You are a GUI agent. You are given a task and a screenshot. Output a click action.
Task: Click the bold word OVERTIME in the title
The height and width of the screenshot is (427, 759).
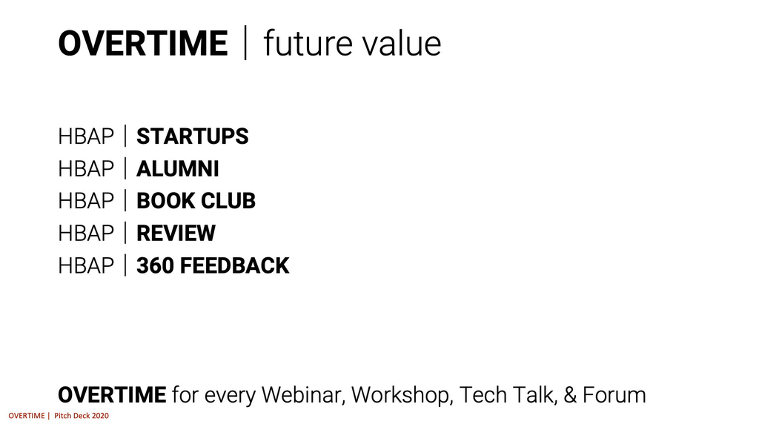143,44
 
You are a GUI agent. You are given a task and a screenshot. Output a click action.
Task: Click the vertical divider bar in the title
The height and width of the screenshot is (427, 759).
245,42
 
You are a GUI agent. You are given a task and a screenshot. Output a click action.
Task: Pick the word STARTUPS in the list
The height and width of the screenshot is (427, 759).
192,136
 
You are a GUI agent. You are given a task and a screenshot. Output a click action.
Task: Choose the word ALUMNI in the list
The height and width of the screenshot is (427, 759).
178,168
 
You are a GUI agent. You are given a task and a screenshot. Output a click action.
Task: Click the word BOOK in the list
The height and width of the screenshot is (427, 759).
165,201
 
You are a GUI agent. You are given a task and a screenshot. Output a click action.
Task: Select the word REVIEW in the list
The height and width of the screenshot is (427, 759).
176,234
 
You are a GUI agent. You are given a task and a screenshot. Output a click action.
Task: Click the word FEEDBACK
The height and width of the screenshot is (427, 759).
235,266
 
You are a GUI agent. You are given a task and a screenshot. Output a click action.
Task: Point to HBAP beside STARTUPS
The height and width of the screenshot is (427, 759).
86,136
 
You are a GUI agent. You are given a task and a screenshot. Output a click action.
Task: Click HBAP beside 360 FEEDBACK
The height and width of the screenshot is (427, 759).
86,266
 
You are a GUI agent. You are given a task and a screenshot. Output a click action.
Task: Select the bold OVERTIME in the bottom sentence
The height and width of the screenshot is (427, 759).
112,395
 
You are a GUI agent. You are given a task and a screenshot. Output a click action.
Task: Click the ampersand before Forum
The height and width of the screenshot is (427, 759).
570,395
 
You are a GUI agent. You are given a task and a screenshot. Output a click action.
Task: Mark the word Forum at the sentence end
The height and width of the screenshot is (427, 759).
614,395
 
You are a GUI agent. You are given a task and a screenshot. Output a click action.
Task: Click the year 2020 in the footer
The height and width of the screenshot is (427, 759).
100,415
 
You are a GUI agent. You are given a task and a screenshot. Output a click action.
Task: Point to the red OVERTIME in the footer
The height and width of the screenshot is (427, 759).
27,415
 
